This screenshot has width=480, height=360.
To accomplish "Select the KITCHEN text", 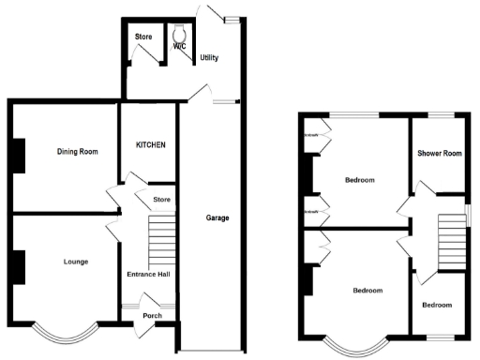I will (x=151, y=145).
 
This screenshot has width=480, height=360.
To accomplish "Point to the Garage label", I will (x=217, y=218).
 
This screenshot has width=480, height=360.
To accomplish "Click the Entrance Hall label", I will (x=147, y=275).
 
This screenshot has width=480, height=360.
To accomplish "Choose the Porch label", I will (x=151, y=316).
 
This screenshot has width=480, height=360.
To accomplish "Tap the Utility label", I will (x=209, y=57).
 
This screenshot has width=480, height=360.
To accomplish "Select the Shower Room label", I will (x=440, y=154).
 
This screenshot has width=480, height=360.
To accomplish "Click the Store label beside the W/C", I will (x=142, y=37).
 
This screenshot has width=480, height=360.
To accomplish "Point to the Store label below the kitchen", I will (x=160, y=199).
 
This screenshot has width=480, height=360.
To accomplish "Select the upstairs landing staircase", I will (x=453, y=229).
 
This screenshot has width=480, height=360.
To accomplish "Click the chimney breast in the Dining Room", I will (x=18, y=156).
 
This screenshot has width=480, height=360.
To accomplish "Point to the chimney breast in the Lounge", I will (x=18, y=265).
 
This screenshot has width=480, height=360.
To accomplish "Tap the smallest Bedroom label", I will (x=436, y=306).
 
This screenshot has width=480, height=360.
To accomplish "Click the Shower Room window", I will (x=442, y=113).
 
